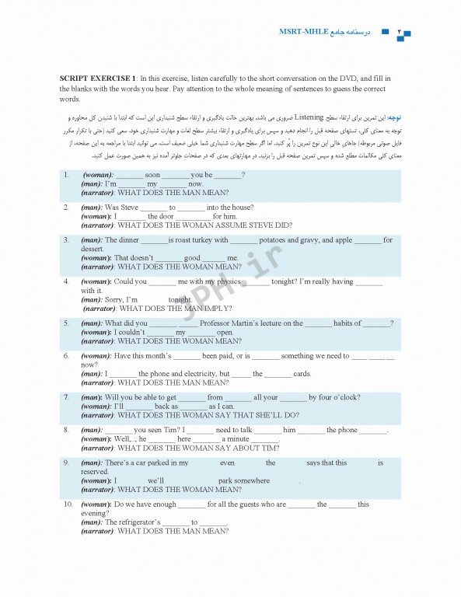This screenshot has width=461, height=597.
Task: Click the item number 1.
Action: coord(67,175)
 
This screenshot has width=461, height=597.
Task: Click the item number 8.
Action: coord(67,430)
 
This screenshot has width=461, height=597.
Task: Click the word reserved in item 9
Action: coord(95,471)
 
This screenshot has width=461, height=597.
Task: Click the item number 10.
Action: coord(68,504)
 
